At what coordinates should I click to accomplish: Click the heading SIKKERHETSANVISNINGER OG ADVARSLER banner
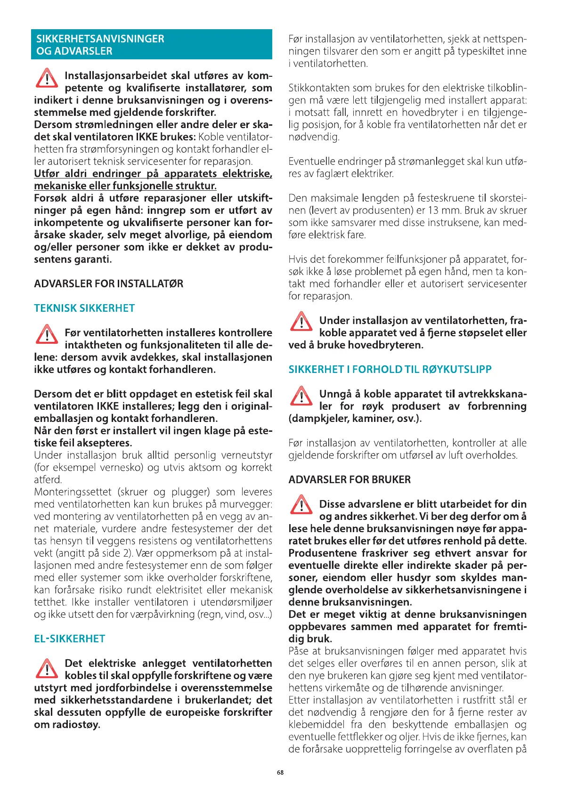pyautogui.click(x=151, y=45)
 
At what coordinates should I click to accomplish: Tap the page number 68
pyautogui.click(x=280, y=772)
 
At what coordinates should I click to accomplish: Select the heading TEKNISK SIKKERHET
pyautogui.click(x=84, y=308)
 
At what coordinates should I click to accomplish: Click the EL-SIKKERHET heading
pyautogui.click(x=69, y=639)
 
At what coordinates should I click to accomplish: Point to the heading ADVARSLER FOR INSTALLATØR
pyautogui.click(x=108, y=284)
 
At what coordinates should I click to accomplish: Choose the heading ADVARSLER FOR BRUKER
pyautogui.click(x=350, y=480)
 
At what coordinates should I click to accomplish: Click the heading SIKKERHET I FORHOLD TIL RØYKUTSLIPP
pyautogui.click(x=390, y=370)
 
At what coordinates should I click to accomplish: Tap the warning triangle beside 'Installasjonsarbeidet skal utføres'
pyautogui.click(x=47, y=79)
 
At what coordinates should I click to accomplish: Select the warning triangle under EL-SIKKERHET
pyautogui.click(x=47, y=668)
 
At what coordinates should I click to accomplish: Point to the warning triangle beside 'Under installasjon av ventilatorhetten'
pyautogui.click(x=301, y=322)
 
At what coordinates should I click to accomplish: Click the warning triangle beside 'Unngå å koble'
pyautogui.click(x=301, y=396)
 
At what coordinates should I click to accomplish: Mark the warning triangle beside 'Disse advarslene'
pyautogui.click(x=301, y=505)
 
